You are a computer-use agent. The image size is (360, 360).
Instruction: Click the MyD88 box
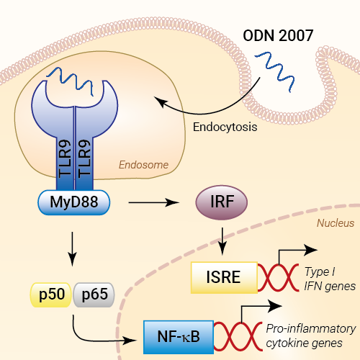74,202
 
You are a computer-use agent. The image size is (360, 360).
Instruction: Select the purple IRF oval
222,202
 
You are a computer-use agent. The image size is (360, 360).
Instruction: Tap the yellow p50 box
50,294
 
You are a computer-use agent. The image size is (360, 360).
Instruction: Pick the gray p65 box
94,294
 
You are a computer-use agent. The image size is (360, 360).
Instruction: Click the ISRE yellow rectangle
224,277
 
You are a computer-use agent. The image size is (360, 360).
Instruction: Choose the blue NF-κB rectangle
179,337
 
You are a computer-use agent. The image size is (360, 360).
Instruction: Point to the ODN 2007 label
278,35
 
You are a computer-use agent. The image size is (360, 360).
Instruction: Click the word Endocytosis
225,127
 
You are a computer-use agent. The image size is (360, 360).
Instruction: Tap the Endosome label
143,165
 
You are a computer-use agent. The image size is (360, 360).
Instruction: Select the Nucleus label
336,223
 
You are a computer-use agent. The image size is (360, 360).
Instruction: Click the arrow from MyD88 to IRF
154,202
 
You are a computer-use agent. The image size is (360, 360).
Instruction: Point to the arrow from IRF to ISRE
222,241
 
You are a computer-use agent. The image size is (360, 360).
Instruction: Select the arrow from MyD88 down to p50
72,249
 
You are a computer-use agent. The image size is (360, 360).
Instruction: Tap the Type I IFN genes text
330,279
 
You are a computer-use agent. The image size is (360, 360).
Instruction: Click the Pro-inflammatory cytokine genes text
311,336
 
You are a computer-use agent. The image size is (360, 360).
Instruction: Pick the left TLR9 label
65,158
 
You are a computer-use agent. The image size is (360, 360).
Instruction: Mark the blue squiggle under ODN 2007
275,71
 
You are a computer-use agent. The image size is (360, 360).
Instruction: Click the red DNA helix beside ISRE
279,277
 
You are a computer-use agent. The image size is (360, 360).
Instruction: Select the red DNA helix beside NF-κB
238,337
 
